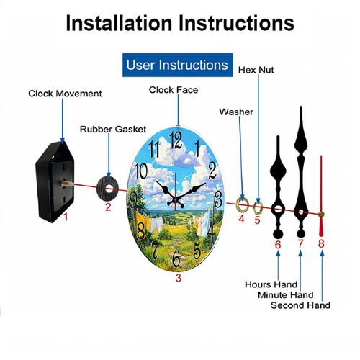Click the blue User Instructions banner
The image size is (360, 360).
point(177,65)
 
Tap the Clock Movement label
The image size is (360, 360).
point(65,94)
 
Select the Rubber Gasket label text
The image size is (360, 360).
point(113,130)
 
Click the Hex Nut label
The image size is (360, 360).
point(256,70)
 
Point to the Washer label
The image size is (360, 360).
point(236,112)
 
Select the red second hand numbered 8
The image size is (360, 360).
point(321,196)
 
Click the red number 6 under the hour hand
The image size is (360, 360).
point(278,245)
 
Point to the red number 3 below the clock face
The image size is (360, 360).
point(179,278)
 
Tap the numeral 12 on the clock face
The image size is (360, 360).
point(176,140)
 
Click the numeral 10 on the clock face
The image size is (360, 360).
point(141,171)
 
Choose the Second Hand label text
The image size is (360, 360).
point(300,305)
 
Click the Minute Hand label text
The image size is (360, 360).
point(286,295)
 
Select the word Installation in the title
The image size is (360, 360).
point(120,23)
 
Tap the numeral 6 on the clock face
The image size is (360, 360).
point(176,258)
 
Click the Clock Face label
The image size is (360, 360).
point(174,90)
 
